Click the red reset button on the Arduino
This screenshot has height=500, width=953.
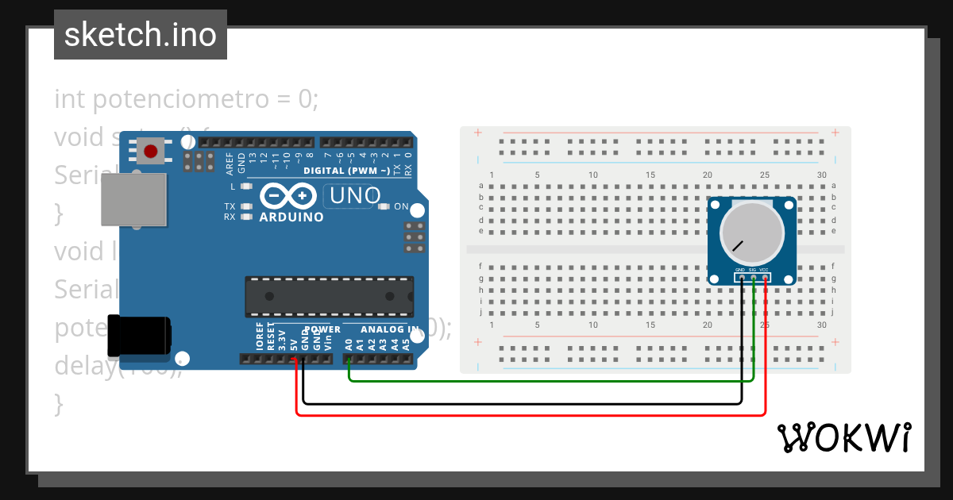coord(151,150)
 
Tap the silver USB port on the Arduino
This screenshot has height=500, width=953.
coord(134,200)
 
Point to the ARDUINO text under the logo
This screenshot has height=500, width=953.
coord(291,217)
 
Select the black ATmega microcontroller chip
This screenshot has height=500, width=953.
coord(329,296)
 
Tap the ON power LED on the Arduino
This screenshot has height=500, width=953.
coord(385,207)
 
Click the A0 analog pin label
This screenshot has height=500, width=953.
coord(349,344)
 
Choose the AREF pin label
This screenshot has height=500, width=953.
coord(230,163)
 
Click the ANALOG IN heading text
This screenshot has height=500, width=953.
coord(389,329)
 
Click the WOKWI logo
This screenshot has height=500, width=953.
coord(843,437)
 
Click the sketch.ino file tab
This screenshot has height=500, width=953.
coord(141,35)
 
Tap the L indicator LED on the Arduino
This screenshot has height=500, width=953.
coord(245,187)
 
